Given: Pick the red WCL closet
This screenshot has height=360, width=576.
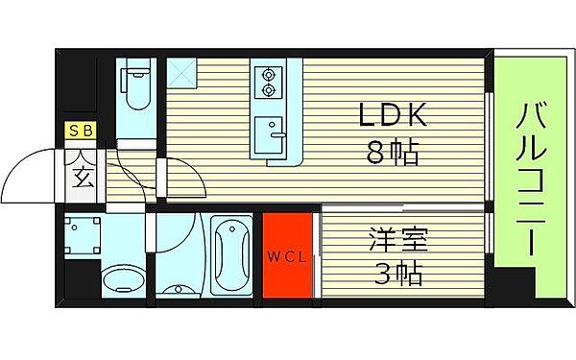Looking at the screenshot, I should tap(287, 256).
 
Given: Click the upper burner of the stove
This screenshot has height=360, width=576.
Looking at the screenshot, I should tap(268, 73).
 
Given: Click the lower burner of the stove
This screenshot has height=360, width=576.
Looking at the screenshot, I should tap(268, 89).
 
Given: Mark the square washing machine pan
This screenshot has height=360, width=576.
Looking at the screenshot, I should tap(84, 233).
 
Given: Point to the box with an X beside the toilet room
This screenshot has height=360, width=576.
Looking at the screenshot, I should tap(180, 72).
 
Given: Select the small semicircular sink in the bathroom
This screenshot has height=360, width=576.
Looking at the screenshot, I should tap(179, 285).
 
